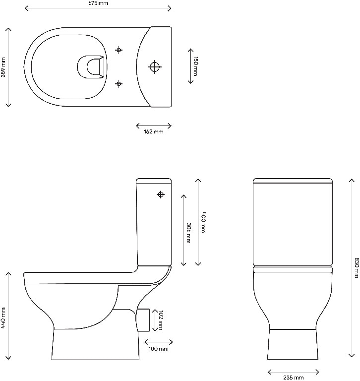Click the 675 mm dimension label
point(97,3)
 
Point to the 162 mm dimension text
point(153,132)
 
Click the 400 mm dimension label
point(203,222)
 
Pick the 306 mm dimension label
point(189,230)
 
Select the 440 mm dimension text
point(4,317)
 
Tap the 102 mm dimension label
point(160,320)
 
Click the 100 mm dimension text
point(158,349)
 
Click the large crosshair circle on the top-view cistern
point(156,66)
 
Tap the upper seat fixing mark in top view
point(119,50)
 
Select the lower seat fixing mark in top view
point(119,84)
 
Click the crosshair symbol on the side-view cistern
point(161,194)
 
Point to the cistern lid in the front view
point(292,181)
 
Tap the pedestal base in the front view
point(292,344)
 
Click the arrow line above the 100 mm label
point(158,342)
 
